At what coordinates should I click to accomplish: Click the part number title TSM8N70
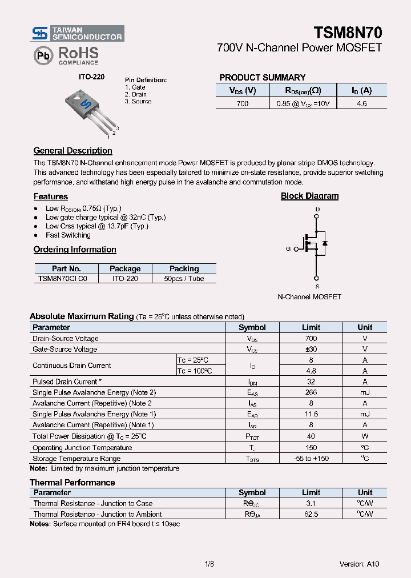pos(348,32)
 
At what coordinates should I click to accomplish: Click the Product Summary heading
pos(262,78)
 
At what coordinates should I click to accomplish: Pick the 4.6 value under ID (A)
pos(361,103)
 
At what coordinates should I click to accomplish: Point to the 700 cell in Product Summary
pos(242,103)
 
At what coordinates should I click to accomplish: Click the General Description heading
pos(72,151)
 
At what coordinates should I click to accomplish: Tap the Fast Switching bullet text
pos(68,235)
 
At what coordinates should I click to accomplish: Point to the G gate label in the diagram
pos(288,249)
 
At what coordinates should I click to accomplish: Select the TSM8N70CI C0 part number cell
pos(63,279)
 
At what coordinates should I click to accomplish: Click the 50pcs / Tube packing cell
pos(184,279)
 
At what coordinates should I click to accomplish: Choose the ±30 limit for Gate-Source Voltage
pos(311,349)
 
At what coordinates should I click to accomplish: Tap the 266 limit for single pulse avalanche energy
pos(311,392)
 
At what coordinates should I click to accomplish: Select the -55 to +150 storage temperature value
pos(311,458)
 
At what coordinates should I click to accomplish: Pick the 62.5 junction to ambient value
pos(311,514)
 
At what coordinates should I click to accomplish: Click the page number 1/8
pos(208,564)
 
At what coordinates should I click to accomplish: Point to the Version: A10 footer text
pos(359,564)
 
